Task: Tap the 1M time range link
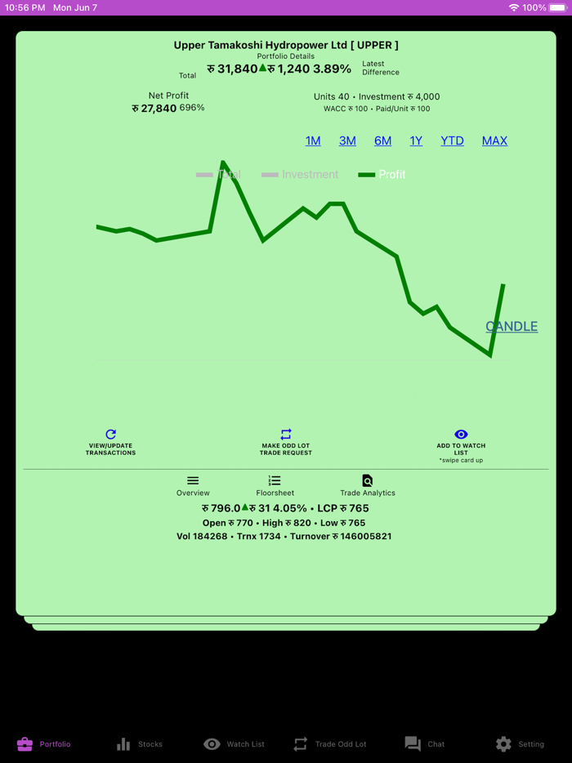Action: pyautogui.click(x=313, y=141)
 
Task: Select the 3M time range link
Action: pyautogui.click(x=347, y=141)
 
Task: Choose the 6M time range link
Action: pyautogui.click(x=382, y=141)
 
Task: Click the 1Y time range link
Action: pyautogui.click(x=416, y=141)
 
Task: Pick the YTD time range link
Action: pyautogui.click(x=452, y=141)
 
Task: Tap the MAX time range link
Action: pyautogui.click(x=494, y=141)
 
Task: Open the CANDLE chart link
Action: pyautogui.click(x=512, y=326)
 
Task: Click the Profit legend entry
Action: pyautogui.click(x=382, y=174)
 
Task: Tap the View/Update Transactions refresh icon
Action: pyautogui.click(x=111, y=435)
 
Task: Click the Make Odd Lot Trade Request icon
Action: pyautogui.click(x=286, y=435)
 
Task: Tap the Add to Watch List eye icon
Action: pyautogui.click(x=461, y=435)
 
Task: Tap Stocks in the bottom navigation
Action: pyautogui.click(x=139, y=744)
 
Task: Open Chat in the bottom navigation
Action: pyautogui.click(x=424, y=744)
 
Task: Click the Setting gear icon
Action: pyautogui.click(x=503, y=744)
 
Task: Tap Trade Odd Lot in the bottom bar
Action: pyautogui.click(x=330, y=744)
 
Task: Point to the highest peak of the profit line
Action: pyautogui.click(x=223, y=162)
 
